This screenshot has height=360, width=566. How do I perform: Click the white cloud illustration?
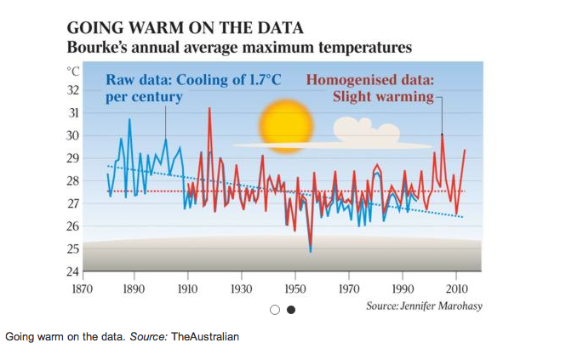tap(366, 129)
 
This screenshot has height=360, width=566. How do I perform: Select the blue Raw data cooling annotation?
tap(192, 89)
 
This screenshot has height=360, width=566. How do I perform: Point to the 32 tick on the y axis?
tap(72, 90)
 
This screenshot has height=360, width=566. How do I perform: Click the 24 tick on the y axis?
tap(72, 272)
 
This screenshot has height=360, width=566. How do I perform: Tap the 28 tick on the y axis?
tap(72, 181)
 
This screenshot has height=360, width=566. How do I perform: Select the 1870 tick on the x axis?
tap(80, 289)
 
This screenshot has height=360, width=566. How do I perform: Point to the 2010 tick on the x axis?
tap(457, 289)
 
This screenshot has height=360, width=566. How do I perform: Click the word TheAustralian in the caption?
tap(205, 337)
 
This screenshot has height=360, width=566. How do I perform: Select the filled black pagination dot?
tap(291, 310)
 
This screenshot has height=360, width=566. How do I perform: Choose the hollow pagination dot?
tap(276, 310)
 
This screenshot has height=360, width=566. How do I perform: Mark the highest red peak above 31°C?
tap(209, 109)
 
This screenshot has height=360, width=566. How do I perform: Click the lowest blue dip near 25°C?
tap(311, 251)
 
